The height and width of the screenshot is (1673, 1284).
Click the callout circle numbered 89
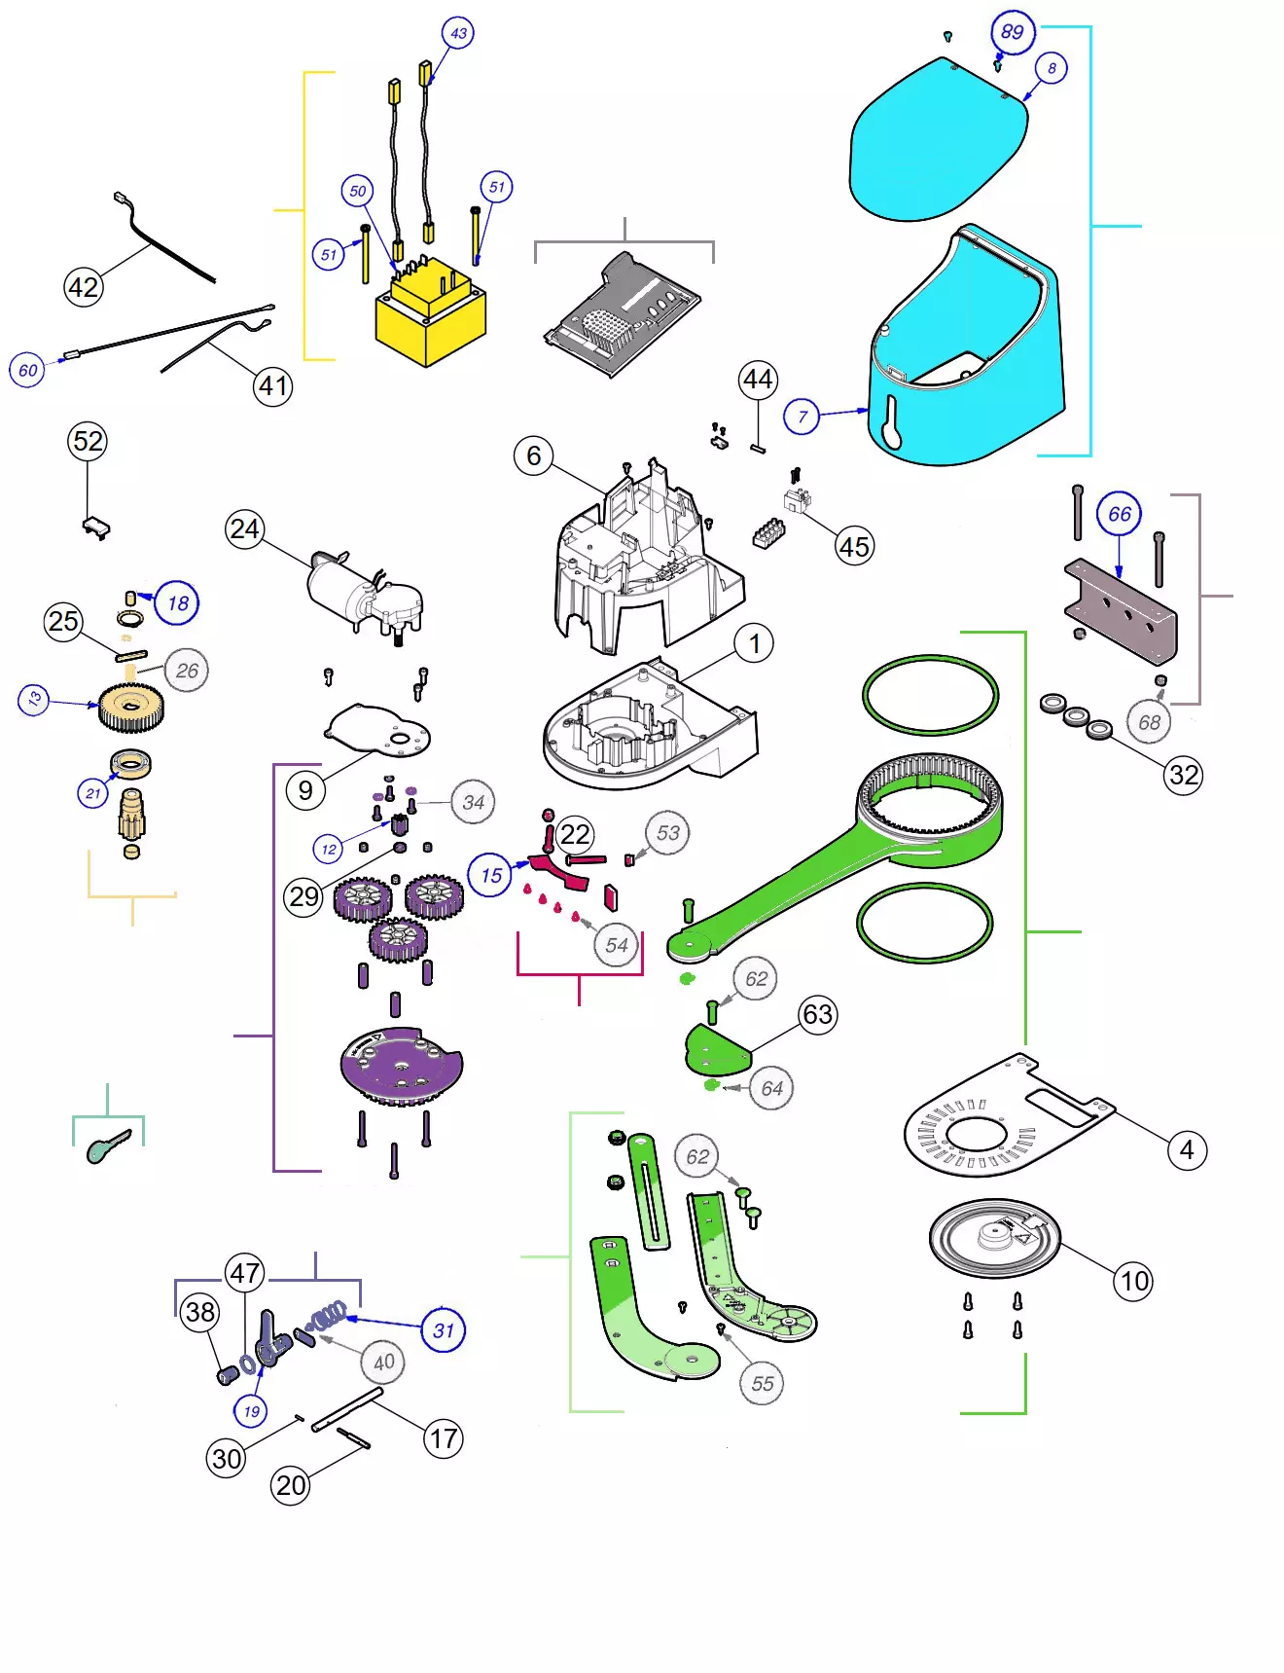(x=1012, y=32)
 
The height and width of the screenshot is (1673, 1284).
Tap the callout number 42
(x=84, y=287)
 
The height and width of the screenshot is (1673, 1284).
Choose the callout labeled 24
(x=245, y=529)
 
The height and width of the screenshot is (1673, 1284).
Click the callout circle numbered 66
(x=1119, y=514)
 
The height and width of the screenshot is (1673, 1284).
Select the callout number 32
(x=1183, y=775)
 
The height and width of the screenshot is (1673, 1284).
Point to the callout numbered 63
(x=817, y=1015)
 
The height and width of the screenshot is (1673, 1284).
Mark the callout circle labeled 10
(x=1134, y=1281)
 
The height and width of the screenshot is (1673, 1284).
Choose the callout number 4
(x=1187, y=1150)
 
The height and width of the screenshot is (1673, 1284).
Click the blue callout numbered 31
(x=444, y=1330)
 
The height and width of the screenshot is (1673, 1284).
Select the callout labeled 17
(x=444, y=1438)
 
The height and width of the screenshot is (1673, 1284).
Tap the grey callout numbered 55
(x=763, y=1383)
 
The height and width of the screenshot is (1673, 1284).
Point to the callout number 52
(x=88, y=441)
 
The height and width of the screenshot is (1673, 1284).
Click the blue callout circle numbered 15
(x=491, y=875)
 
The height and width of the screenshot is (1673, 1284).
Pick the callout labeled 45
(x=854, y=547)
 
